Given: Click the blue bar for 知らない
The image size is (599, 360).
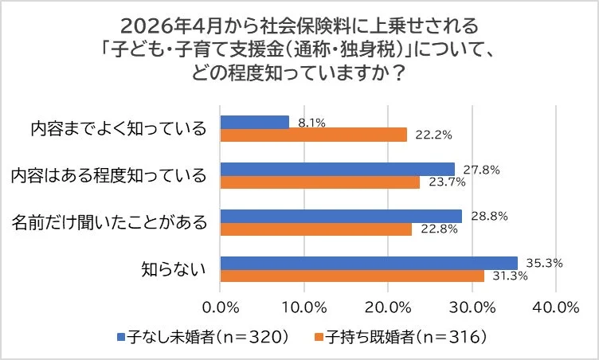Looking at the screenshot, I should [x=369, y=263].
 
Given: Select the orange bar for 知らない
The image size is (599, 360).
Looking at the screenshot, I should [x=352, y=276].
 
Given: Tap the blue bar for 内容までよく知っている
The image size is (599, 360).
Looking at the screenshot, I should [x=255, y=122].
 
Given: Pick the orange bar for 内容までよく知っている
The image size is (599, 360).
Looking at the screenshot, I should [x=314, y=135].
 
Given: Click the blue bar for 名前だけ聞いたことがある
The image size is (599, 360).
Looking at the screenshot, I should [x=341, y=216].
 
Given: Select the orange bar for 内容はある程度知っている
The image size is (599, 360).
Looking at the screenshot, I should [x=320, y=182].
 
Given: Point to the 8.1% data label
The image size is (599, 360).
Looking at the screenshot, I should [x=310, y=122].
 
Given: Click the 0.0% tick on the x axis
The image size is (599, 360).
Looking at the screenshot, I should [x=221, y=307].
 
